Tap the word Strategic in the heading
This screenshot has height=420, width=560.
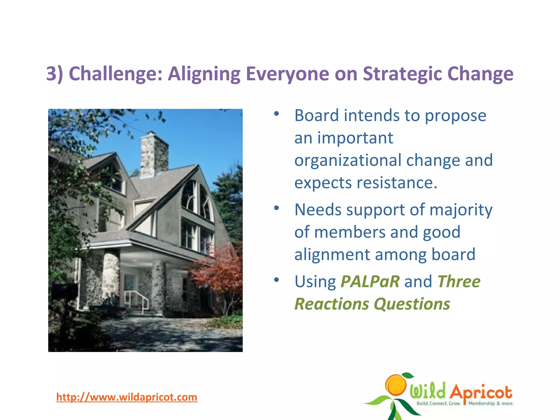[x=402, y=74]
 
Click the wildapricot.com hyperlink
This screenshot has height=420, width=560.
[x=127, y=397]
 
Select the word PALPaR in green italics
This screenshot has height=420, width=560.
[x=370, y=281]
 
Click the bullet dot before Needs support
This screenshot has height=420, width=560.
[x=276, y=208]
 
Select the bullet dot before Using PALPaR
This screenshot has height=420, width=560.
[x=276, y=279]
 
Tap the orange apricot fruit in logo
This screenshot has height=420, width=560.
[x=396, y=386]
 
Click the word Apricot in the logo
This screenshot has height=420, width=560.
[x=481, y=392]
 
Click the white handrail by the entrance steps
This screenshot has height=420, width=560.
[x=137, y=299]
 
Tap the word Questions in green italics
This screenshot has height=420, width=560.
[x=412, y=304]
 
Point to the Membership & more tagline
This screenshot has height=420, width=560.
[x=491, y=403]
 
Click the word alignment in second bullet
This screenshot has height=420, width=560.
[x=332, y=255]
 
